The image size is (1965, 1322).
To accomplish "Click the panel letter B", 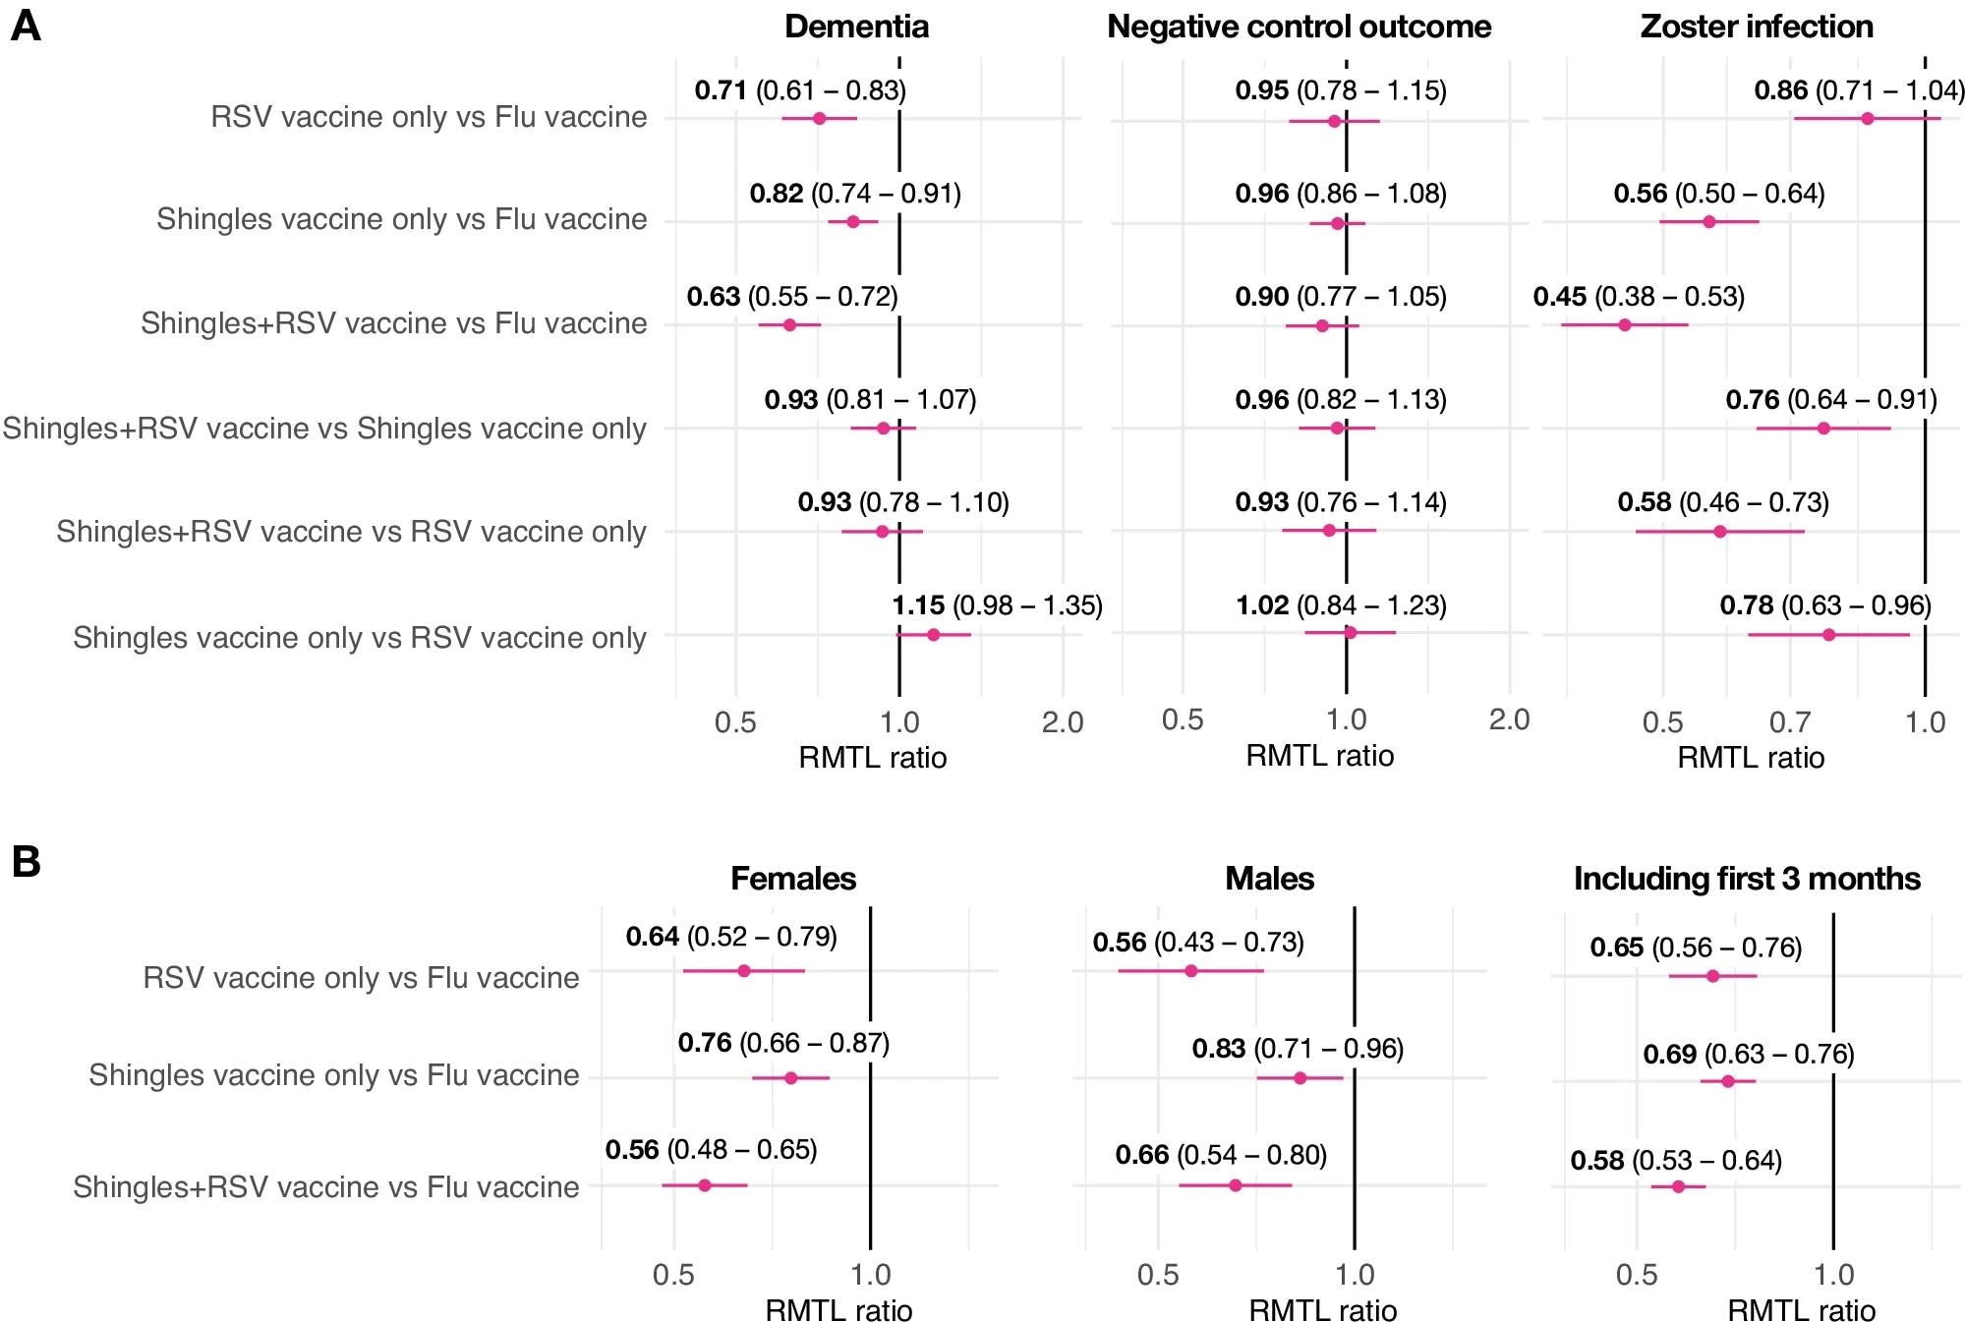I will point(26,862).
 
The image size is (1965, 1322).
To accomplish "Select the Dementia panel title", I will point(856,27).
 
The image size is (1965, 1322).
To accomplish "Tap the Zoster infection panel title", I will point(1757,27).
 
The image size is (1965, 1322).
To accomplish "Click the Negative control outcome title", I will point(1299,27).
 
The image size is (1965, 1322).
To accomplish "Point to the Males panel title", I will point(1269,878).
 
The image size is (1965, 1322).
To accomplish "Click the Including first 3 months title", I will point(1747,878).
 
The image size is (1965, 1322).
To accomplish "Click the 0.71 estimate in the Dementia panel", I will point(721,90).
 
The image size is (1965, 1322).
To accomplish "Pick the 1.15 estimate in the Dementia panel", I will point(918,605).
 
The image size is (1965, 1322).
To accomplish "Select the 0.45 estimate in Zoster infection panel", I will point(1559,296).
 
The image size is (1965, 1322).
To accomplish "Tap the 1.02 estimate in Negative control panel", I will point(1261,605).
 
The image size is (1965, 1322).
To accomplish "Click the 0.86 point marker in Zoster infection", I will point(1868,119).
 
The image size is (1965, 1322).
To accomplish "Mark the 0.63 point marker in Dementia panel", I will point(789,324).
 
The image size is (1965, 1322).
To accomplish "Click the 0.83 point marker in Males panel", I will point(1300,1078).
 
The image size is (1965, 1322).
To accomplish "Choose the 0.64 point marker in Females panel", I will point(743,971).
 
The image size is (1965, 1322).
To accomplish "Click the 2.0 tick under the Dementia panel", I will point(1063,722).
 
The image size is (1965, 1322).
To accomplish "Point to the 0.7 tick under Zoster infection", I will point(1790,722).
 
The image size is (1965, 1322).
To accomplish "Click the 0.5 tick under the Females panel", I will point(673,1275).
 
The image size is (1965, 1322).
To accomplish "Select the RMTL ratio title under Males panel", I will point(1322,1310).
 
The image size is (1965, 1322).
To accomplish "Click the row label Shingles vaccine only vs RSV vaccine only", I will point(360,638).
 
